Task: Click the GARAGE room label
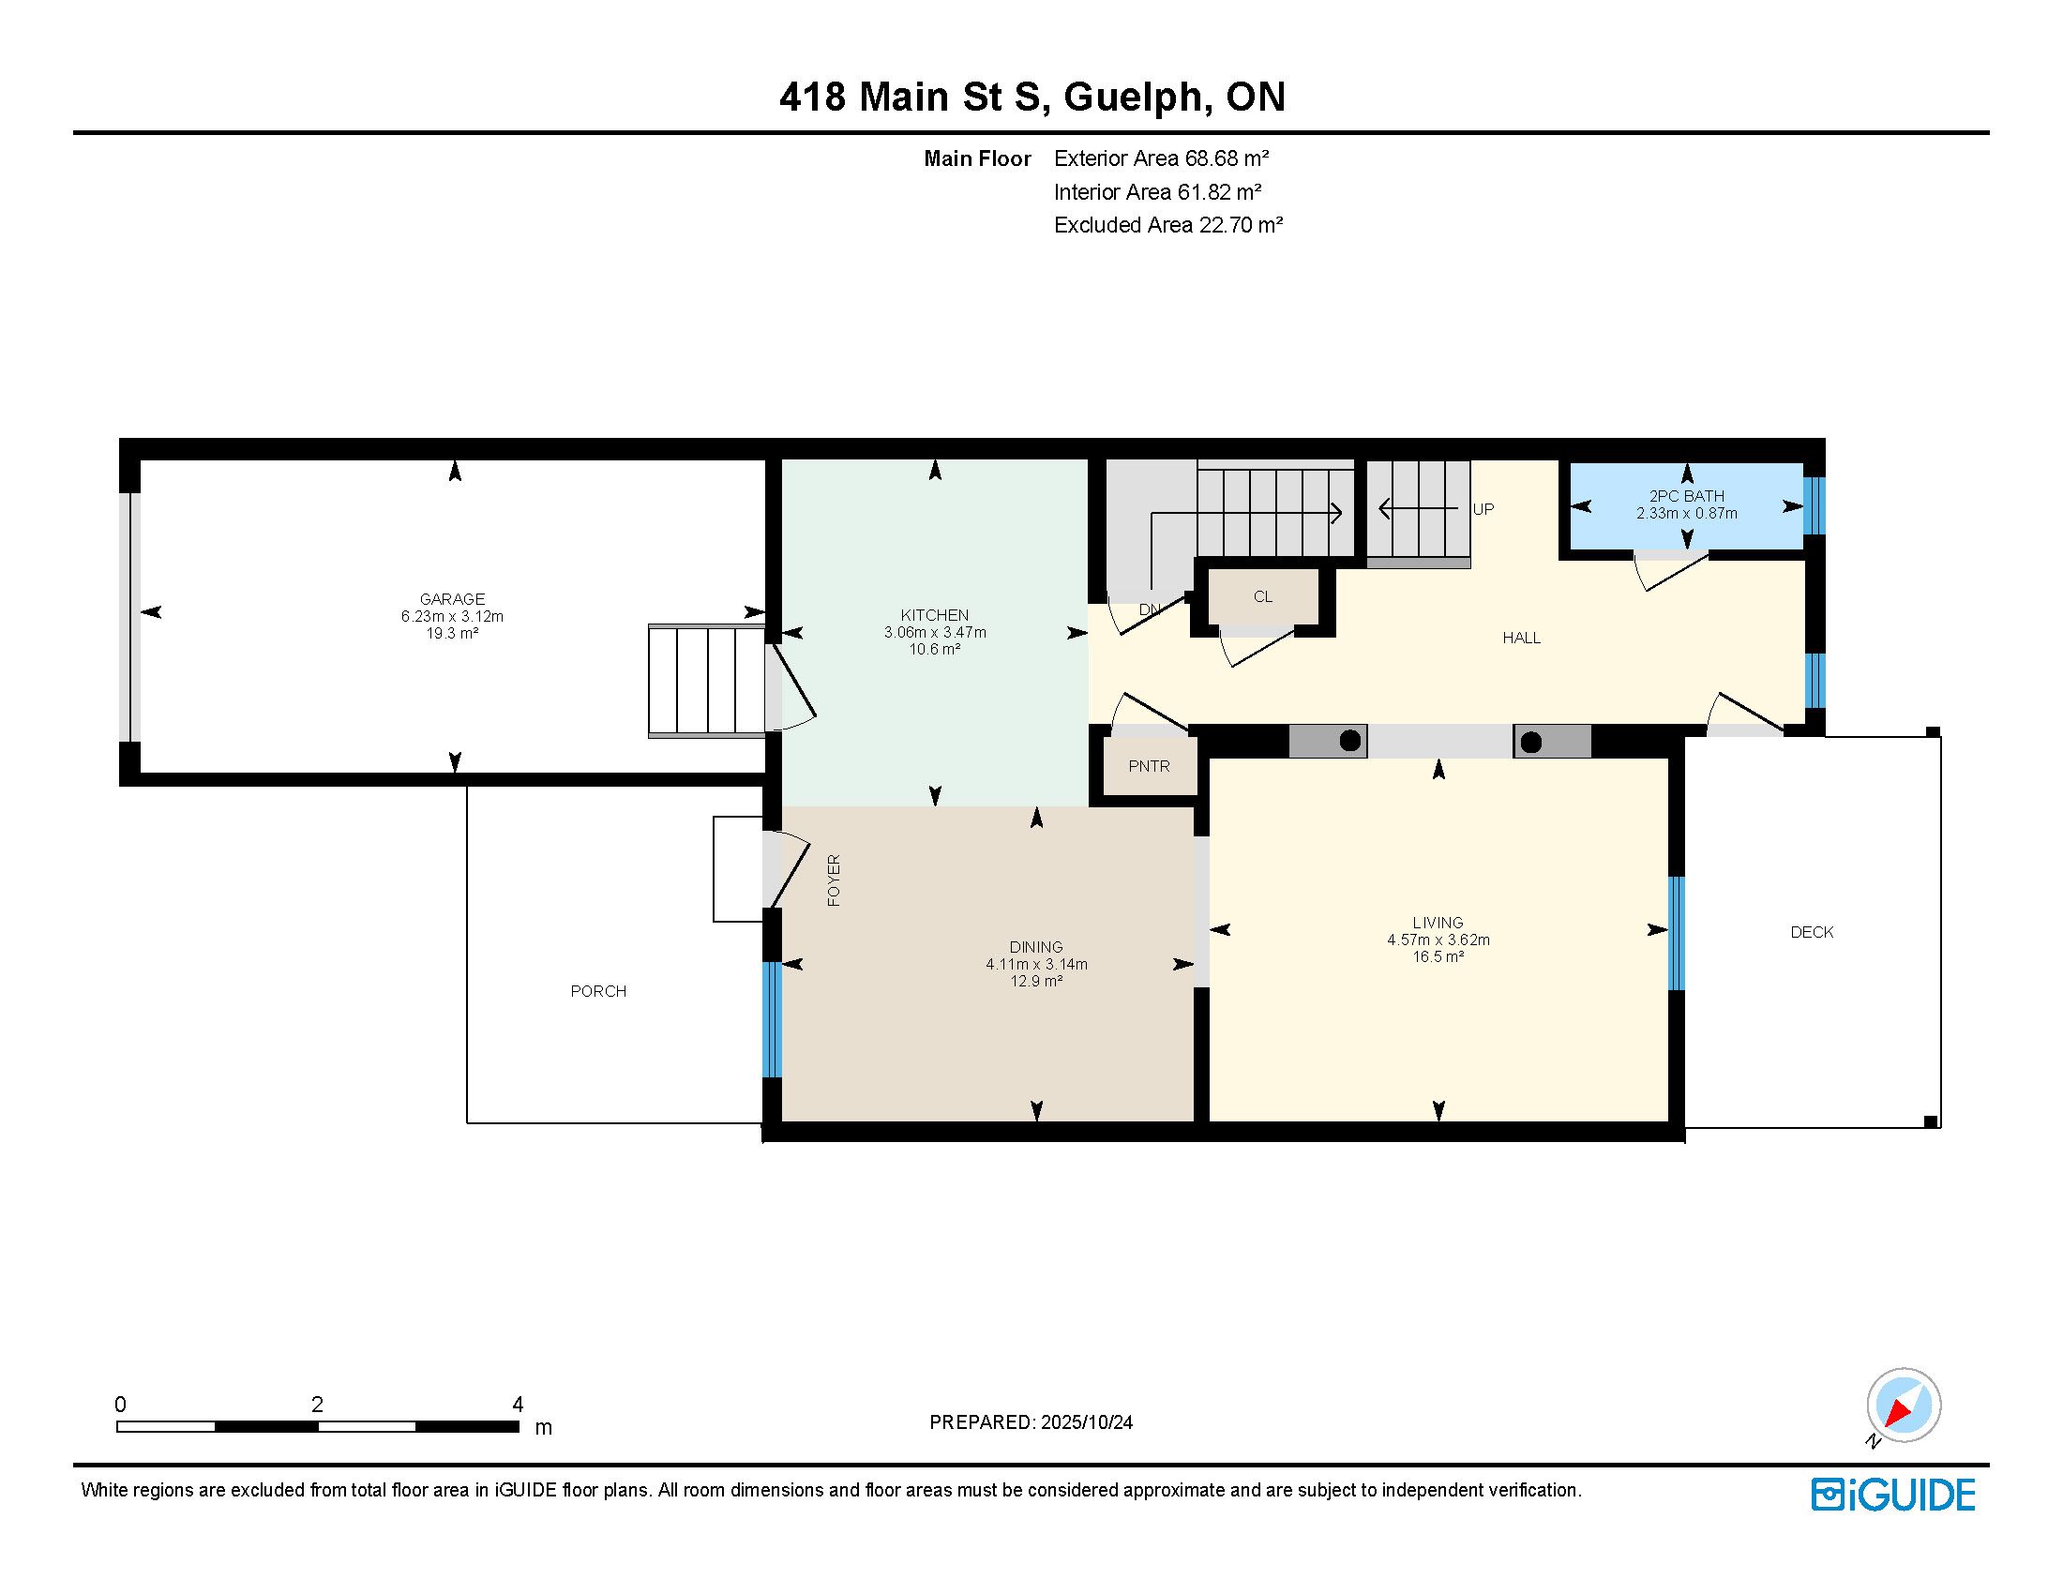[x=453, y=599]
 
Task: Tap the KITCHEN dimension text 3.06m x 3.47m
[x=935, y=633]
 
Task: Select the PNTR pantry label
[x=1149, y=766]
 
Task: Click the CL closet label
[x=1263, y=596]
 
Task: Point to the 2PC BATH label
[x=1687, y=496]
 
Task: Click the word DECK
[x=1812, y=932]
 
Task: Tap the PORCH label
[x=598, y=990]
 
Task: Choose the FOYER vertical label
[x=833, y=880]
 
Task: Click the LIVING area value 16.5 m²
[x=1438, y=956]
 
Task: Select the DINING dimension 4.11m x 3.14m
[x=1036, y=964]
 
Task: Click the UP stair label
[x=1483, y=509]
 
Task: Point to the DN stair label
[x=1150, y=609]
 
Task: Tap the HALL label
[x=1521, y=639]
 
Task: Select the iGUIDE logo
[x=1893, y=1495]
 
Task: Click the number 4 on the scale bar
[x=517, y=1405]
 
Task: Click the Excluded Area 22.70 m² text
[x=1168, y=225]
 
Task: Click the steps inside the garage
[x=706, y=680]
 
